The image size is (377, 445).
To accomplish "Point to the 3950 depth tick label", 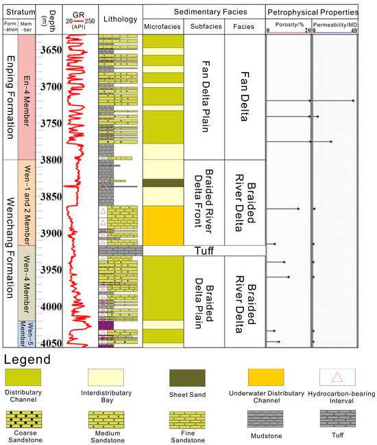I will pos(49,270).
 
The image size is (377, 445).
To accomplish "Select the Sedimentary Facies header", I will pos(203,13).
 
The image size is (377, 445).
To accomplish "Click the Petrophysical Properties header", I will pos(312,13).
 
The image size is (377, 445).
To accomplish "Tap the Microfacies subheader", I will pos(162,27).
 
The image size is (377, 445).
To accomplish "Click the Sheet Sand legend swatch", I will pos(187,377).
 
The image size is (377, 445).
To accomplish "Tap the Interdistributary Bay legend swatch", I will pos(105,377).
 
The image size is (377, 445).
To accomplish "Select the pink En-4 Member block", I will pos(26,96).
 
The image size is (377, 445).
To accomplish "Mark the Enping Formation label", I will pos(9,96).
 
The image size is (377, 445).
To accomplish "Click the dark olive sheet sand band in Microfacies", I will pos(163,183).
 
